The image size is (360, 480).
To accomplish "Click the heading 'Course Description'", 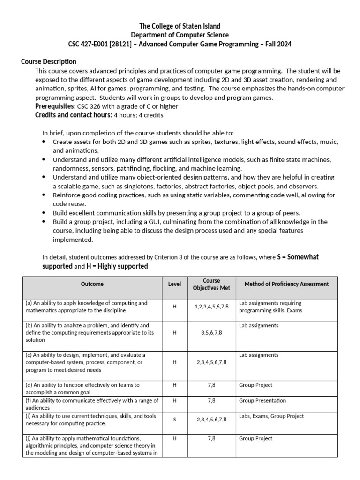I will point(49,62).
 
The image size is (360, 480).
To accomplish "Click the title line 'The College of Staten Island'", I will point(180,26).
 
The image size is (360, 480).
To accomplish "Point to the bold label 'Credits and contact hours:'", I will point(73,115).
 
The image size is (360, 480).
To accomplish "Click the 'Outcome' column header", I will point(92,284).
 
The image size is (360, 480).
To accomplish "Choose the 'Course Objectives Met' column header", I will point(211,284).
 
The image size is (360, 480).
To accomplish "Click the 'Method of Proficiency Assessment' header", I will point(286,284).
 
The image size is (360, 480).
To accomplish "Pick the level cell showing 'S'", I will point(174,420).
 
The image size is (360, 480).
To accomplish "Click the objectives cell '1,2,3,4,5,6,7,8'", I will point(211,307).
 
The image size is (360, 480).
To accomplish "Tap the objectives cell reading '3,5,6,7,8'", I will point(211,332).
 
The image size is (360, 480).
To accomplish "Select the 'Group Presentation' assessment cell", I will point(262,401).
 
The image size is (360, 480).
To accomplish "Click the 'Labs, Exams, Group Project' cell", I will point(271,416).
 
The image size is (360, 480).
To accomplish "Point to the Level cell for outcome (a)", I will point(174,307).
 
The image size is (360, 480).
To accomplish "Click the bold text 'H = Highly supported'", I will point(117,266).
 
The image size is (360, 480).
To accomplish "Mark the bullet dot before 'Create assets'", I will point(44,142).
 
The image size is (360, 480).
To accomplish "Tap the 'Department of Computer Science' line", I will point(180,35).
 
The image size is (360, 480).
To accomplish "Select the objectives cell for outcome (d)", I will point(211,385).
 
